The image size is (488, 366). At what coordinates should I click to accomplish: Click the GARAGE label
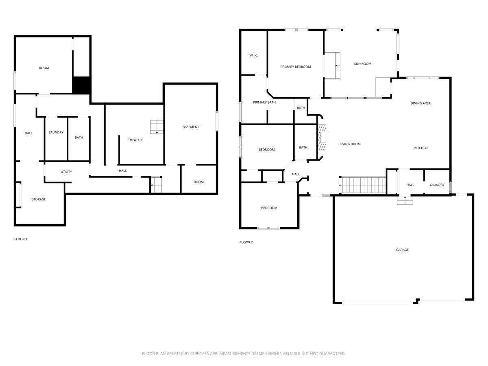402,250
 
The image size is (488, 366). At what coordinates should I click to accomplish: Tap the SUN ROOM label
362,63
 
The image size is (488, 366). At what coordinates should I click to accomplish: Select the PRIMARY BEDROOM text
296,67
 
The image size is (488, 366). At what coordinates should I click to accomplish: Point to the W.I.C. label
254,55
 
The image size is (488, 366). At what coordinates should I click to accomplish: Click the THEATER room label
135,140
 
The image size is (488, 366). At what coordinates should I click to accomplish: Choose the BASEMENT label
191,127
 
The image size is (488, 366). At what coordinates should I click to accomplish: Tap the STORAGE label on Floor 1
39,199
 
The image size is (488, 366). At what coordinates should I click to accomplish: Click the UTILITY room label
66,172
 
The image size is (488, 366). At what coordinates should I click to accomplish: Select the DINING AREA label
420,103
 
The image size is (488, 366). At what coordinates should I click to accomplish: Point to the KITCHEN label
421,148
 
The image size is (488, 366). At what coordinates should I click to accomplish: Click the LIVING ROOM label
350,144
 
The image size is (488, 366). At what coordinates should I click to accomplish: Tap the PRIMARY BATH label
264,102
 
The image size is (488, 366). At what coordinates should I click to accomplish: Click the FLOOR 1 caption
21,239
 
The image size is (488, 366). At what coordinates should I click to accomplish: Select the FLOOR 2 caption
246,242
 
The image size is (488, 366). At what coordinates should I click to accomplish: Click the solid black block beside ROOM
81,85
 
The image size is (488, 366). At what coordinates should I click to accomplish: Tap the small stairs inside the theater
156,127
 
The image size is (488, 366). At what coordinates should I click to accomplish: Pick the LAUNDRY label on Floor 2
437,185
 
